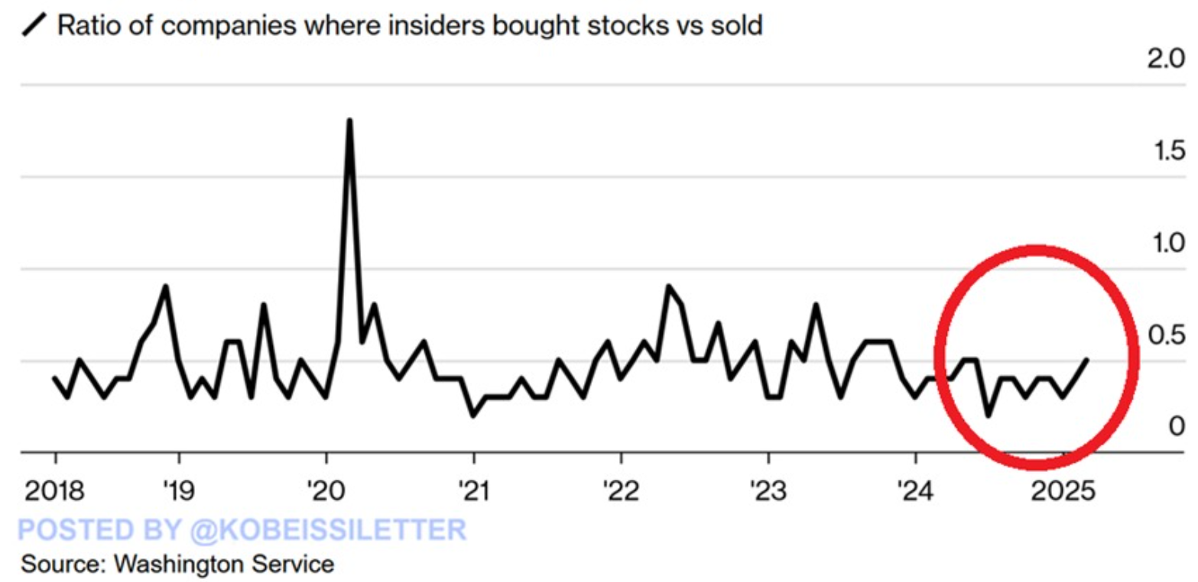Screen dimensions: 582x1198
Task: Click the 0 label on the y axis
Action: [1177, 426]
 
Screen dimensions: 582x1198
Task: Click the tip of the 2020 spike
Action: [349, 120]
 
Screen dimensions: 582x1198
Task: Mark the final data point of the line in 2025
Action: [1087, 360]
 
